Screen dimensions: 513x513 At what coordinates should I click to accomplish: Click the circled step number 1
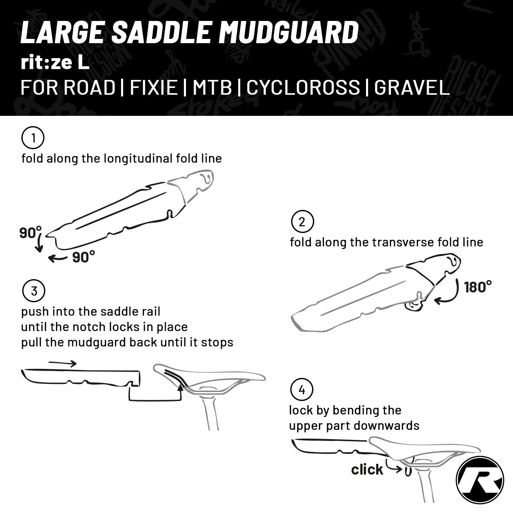(33, 138)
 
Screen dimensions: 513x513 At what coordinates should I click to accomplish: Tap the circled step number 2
(302, 222)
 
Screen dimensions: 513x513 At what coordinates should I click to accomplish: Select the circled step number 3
(33, 291)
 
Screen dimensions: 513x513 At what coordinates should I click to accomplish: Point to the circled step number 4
(301, 390)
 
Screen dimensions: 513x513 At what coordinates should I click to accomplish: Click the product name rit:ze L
(55, 63)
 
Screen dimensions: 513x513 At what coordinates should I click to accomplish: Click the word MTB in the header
(212, 87)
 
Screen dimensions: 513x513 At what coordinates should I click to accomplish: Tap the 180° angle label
(478, 287)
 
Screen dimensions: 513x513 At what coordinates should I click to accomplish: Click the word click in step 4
(367, 469)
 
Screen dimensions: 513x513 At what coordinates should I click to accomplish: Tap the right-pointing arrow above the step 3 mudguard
(62, 364)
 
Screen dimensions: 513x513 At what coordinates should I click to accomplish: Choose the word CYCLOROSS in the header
(303, 87)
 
